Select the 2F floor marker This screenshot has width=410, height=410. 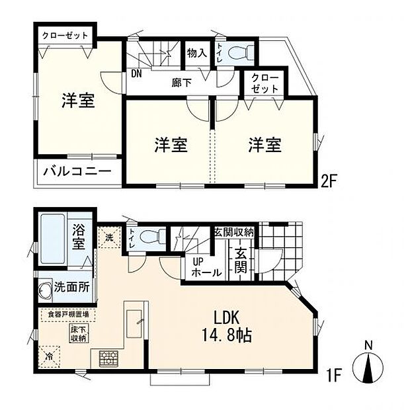click(331, 181)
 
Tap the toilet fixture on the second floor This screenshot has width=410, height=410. click(237, 51)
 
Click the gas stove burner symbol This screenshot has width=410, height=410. click(108, 358)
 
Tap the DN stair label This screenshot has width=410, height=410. click(137, 73)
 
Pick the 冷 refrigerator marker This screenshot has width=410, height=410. click(50, 356)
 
